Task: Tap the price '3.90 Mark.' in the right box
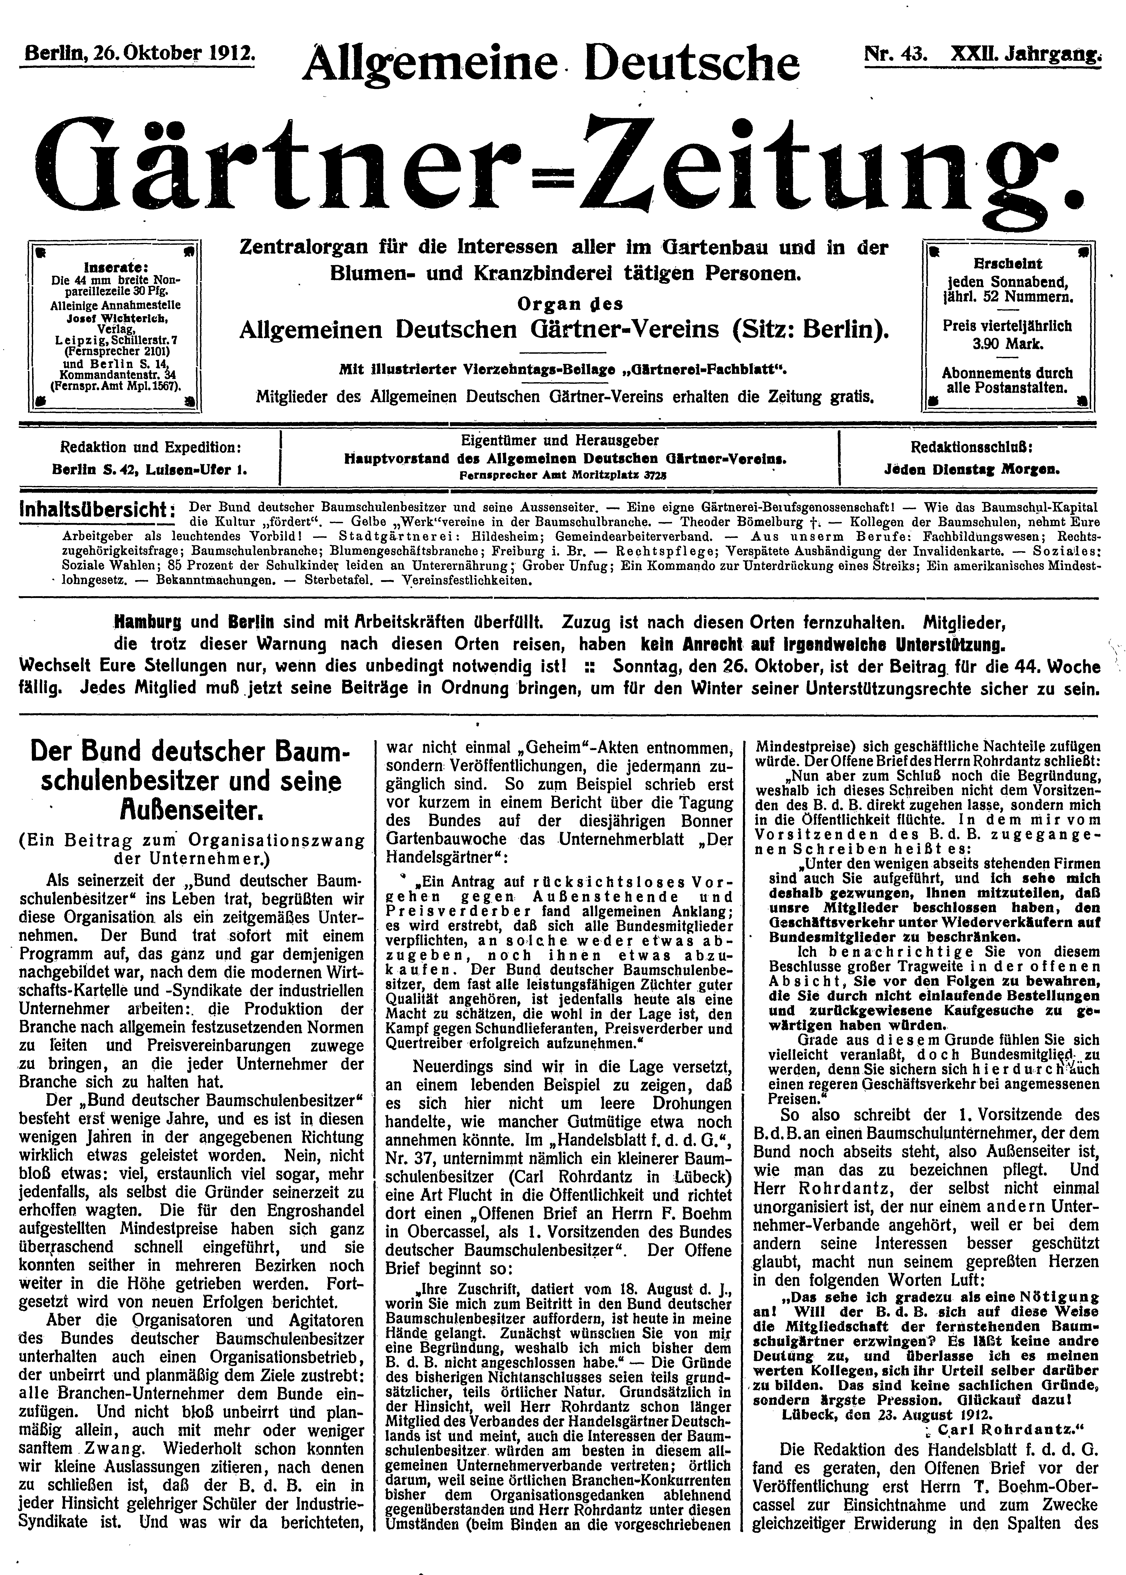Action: coord(1005,343)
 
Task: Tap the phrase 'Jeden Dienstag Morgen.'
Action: coord(971,469)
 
